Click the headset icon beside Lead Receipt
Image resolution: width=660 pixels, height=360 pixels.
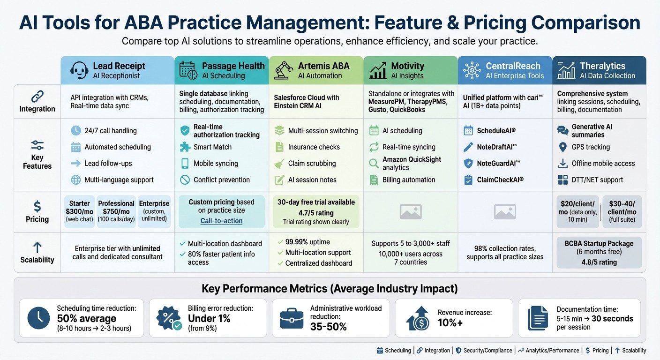click(79, 70)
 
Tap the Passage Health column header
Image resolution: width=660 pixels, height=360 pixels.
click(233, 66)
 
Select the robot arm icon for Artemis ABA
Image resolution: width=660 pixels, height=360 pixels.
click(284, 70)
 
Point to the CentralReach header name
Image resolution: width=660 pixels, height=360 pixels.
click(513, 66)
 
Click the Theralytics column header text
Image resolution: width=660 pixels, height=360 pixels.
click(602, 66)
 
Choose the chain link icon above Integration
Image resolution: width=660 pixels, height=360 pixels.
click(37, 97)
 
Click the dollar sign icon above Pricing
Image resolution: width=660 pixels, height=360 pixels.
click(37, 206)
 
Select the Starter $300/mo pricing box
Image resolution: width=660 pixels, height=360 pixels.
click(79, 211)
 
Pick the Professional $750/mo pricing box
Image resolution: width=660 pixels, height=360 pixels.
click(116, 211)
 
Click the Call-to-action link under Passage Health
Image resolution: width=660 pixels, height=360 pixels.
click(221, 221)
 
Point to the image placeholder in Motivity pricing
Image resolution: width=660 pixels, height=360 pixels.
click(410, 212)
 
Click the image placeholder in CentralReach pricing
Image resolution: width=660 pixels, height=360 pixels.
click(504, 212)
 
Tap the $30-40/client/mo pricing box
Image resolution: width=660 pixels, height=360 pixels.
click(622, 211)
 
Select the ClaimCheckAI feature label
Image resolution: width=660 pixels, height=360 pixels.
click(500, 180)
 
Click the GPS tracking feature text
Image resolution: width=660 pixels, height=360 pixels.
click(591, 147)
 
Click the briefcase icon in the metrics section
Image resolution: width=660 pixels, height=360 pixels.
click(291, 318)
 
